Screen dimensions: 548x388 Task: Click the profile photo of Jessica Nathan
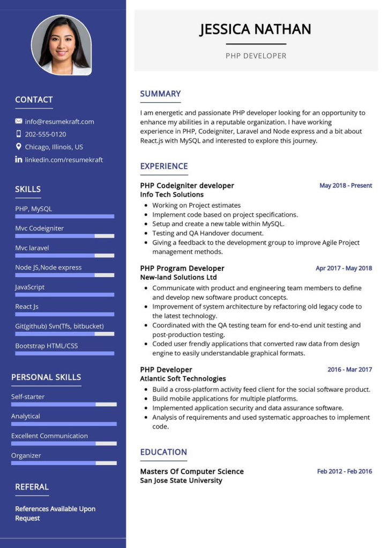(x=61, y=45)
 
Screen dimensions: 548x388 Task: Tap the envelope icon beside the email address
(x=19, y=121)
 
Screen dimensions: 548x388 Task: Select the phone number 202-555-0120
(x=46, y=134)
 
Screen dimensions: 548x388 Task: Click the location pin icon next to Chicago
(x=19, y=147)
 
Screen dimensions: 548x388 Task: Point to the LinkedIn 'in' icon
(x=19, y=159)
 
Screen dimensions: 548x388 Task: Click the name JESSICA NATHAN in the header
(x=255, y=29)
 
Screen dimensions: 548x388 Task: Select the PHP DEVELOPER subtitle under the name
(x=256, y=56)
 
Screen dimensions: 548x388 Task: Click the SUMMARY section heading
(x=160, y=94)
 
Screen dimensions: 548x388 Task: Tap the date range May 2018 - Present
(x=346, y=186)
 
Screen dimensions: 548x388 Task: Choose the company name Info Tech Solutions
(x=172, y=195)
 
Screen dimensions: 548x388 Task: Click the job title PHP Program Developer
(x=182, y=268)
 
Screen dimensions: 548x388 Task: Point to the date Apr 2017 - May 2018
(x=344, y=268)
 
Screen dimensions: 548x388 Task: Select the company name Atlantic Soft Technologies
(x=183, y=379)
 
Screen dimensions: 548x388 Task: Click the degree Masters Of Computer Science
(x=192, y=471)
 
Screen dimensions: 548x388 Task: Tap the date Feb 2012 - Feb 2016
(x=344, y=471)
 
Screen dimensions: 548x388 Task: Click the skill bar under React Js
(x=64, y=314)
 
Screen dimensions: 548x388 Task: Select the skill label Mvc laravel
(x=32, y=248)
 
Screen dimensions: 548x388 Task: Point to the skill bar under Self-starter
(x=64, y=404)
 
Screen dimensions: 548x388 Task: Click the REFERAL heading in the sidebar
(x=32, y=487)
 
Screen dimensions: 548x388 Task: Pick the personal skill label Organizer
(x=26, y=455)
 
